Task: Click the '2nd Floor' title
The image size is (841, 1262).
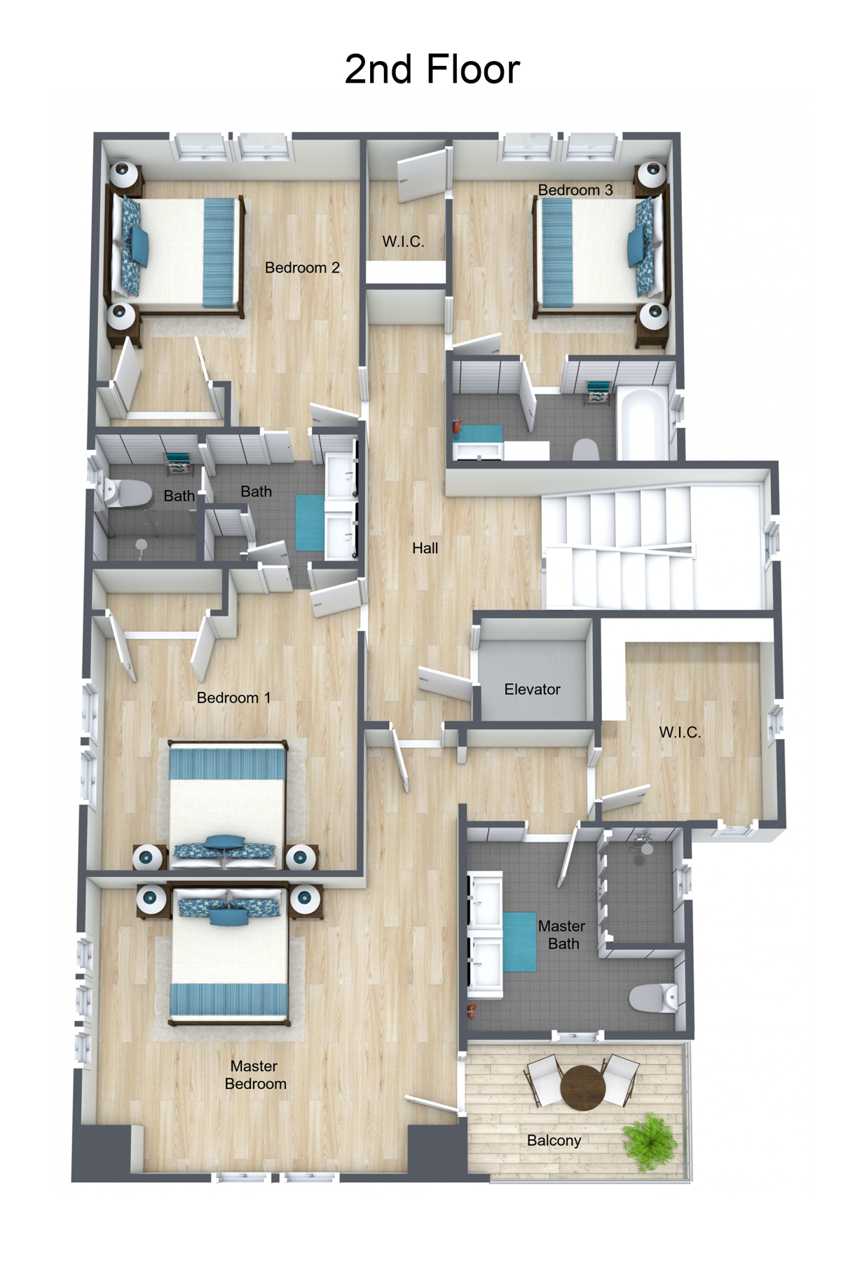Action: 432,70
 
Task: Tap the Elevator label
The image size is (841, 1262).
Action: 532,689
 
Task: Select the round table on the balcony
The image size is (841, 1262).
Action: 582,1087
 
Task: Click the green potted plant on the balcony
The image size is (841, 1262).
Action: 650,1141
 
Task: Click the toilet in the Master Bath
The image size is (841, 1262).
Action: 652,998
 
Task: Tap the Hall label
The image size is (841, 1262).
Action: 425,548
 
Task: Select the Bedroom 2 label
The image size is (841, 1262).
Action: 302,268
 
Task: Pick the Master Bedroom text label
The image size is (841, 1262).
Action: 255,1075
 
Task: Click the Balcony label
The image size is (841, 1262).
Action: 554,1141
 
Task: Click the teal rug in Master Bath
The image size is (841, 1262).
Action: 519,942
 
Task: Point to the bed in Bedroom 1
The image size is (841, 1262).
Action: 228,803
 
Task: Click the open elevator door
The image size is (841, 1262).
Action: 446,683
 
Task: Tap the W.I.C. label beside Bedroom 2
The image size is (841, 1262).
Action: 403,242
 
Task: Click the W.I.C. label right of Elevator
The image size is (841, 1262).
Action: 679,733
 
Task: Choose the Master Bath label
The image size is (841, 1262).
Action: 562,935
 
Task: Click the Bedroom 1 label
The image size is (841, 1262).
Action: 233,698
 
